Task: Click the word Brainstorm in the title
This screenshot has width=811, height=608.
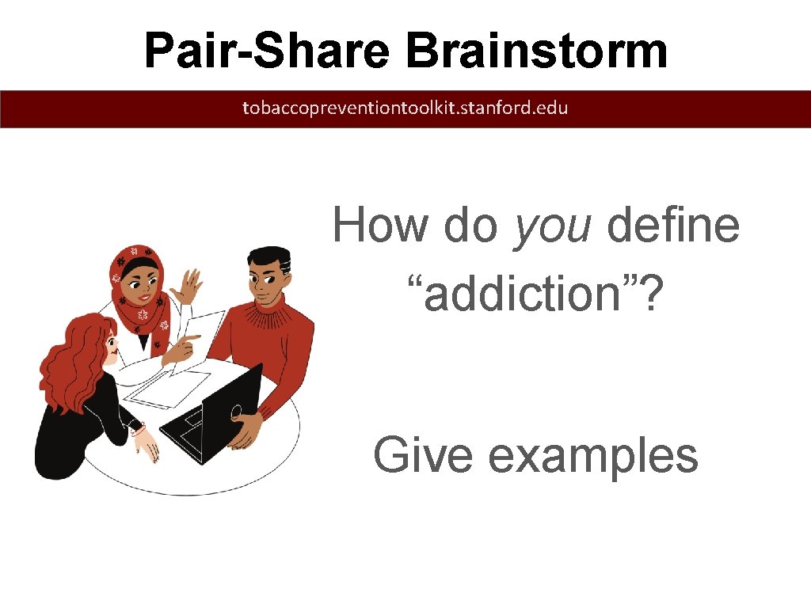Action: click(536, 51)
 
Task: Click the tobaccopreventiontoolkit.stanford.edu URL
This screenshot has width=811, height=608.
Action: click(405, 108)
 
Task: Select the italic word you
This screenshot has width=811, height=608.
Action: click(552, 226)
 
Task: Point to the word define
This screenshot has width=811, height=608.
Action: click(673, 226)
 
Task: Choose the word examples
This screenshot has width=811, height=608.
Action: click(592, 458)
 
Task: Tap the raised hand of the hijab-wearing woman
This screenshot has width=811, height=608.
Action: click(188, 287)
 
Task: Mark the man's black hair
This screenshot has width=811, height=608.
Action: click(269, 257)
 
